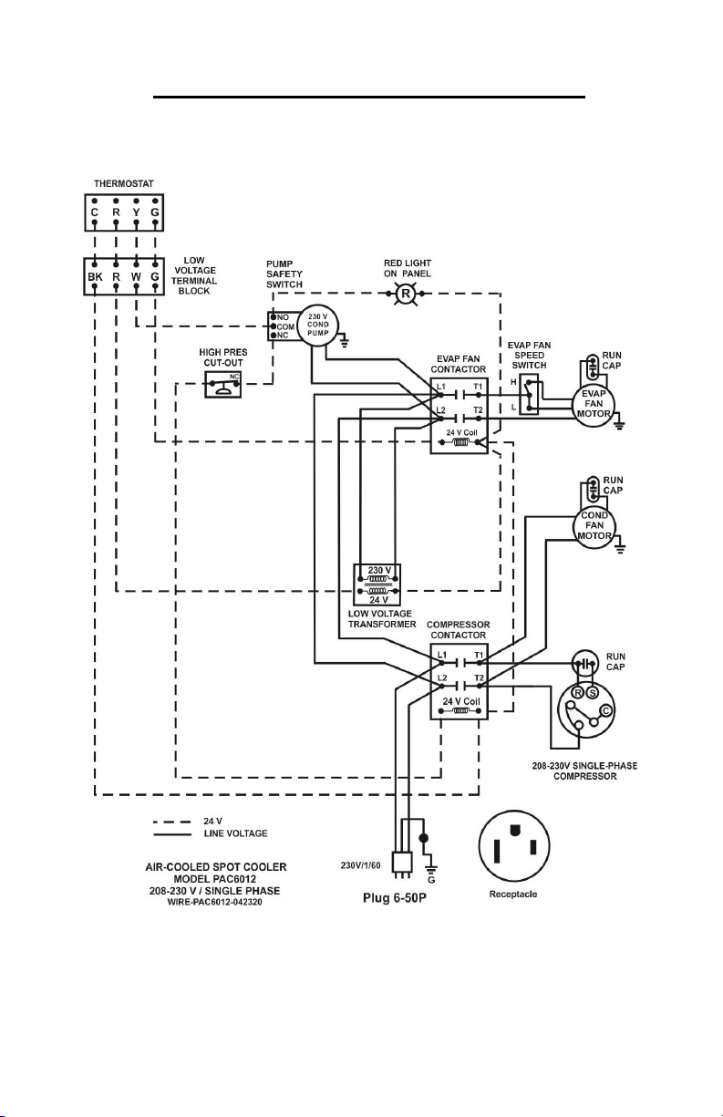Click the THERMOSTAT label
124,183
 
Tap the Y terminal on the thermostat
136,212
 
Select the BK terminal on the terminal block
95,277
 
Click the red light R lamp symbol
406,294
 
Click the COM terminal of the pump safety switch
274,326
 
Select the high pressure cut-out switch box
222,384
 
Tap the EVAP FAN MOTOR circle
594,405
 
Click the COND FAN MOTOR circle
594,526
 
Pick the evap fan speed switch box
529,395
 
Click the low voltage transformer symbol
377,584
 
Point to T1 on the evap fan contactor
478,387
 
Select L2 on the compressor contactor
442,677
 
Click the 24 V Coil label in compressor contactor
461,701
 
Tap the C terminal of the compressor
606,711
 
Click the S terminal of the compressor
593,693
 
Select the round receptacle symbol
514,846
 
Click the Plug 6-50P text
395,898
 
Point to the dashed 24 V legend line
172,822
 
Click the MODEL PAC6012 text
215,879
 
